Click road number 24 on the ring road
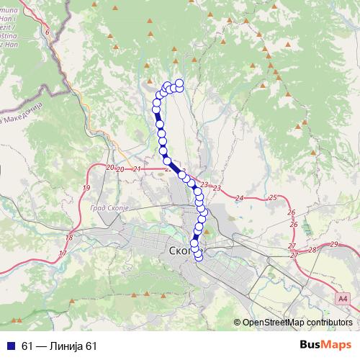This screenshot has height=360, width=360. coord(240,197)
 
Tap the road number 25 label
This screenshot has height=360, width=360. coord(272,197)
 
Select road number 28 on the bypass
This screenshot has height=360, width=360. coord(312,250)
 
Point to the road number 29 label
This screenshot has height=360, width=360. coord(334,245)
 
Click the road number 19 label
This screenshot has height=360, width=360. coord(87,188)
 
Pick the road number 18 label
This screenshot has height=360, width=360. coord(69,238)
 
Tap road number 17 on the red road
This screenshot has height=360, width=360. coord(63,253)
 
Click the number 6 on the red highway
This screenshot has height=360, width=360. coord(48,32)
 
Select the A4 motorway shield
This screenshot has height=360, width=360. coord(341,296)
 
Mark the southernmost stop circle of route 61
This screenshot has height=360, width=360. coord(199,258)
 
